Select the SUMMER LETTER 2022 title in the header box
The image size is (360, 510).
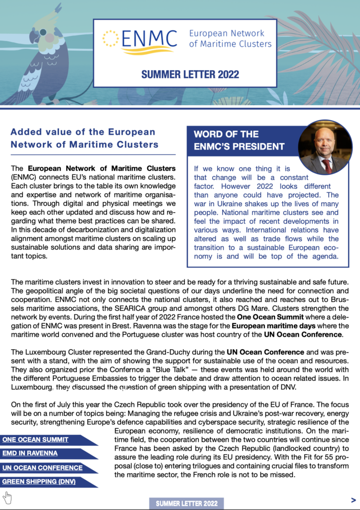tap(190, 75)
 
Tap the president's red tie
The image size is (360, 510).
tap(327, 165)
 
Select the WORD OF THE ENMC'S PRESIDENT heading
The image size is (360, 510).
tap(239, 140)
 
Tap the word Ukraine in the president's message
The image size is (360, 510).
tap(225, 204)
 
